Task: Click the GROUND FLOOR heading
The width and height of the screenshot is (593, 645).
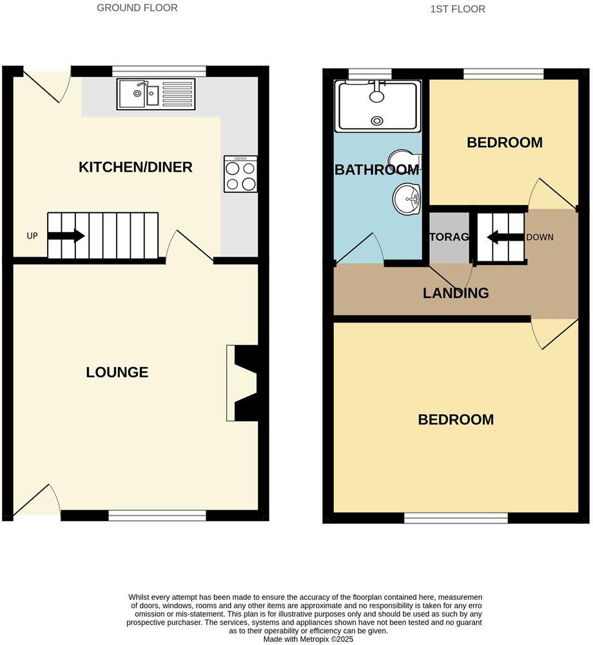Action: [x=137, y=8]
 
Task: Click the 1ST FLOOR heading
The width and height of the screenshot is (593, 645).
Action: [x=457, y=9]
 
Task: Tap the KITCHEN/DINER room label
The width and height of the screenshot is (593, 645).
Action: [x=135, y=167]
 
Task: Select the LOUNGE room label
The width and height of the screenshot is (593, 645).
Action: [x=117, y=372]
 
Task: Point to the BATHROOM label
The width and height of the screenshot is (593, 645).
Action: [x=376, y=170]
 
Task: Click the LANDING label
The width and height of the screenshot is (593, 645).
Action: [x=456, y=293]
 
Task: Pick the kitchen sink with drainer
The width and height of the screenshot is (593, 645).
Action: [x=156, y=94]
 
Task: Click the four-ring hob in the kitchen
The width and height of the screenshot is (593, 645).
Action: [x=240, y=174]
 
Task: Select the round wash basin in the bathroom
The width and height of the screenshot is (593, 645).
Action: [x=407, y=198]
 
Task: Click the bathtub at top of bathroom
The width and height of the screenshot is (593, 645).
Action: [x=378, y=105]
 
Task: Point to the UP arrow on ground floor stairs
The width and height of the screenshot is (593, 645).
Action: [x=66, y=236]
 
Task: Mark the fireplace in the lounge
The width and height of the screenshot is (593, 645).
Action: [x=242, y=382]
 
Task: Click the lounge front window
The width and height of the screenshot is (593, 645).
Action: [x=157, y=515]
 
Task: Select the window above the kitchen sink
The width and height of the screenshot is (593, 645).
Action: [x=159, y=71]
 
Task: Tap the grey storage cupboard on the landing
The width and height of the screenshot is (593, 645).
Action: [x=449, y=237]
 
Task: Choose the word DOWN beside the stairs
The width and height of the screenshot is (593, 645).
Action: [x=540, y=237]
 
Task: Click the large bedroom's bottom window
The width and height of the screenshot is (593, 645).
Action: [x=456, y=517]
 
